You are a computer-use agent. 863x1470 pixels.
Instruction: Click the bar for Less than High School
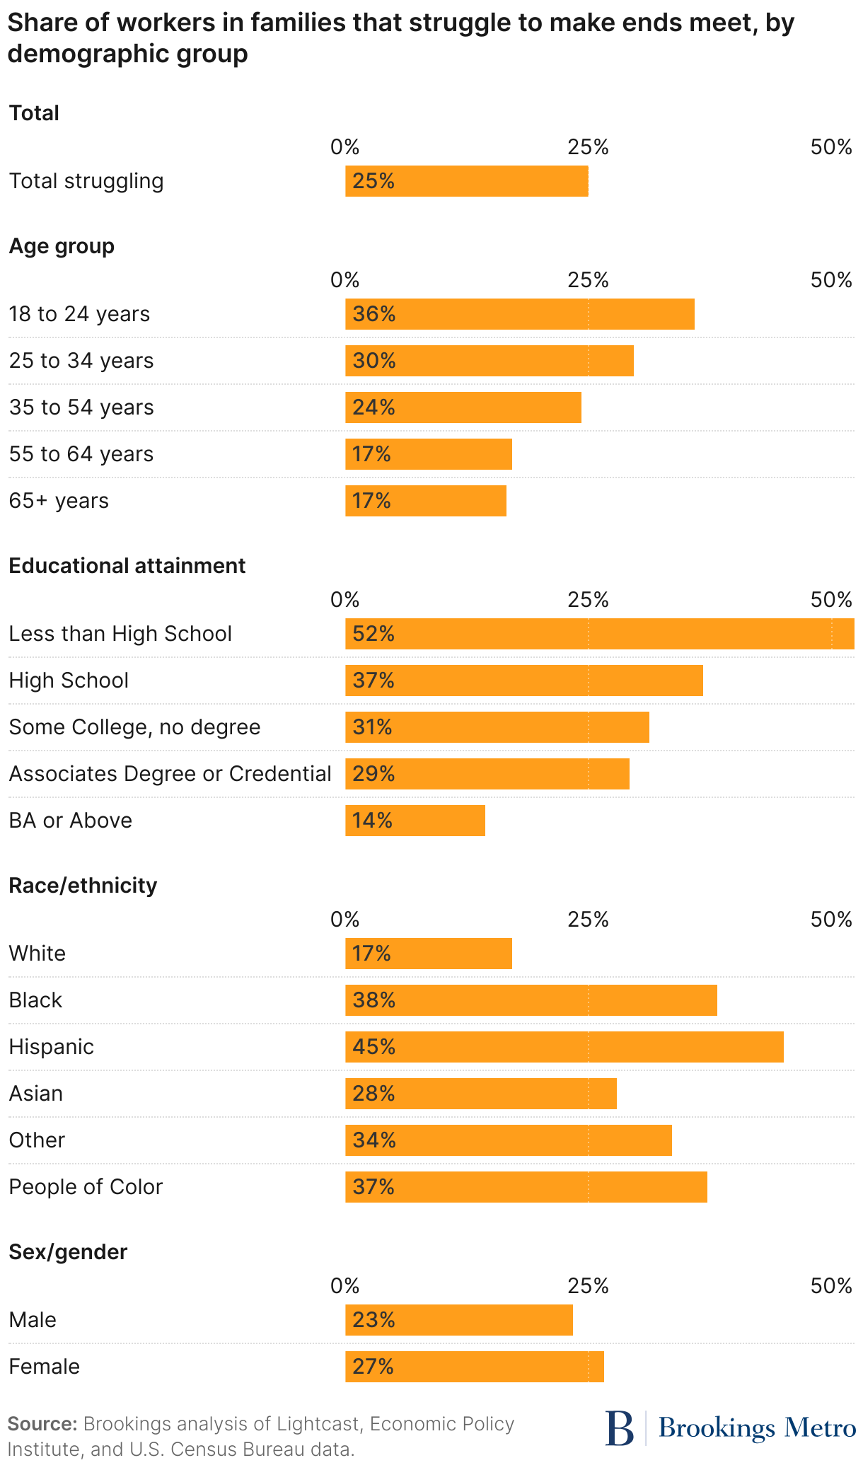coord(599,634)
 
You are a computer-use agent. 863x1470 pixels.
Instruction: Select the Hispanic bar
coord(564,1047)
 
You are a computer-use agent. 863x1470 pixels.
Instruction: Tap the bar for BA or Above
coord(415,821)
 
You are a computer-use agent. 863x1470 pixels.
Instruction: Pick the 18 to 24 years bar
coord(519,314)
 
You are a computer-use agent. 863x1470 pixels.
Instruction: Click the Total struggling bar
coord(466,181)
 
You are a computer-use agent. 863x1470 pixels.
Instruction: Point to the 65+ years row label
coord(59,501)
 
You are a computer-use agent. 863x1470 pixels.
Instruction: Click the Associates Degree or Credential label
coord(170,774)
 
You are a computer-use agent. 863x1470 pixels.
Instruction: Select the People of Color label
coord(86,1187)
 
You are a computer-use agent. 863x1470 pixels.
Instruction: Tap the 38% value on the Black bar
coord(373,1000)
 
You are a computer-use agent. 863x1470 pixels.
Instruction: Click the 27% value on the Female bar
coord(373,1367)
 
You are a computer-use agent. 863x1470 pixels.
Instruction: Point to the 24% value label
coord(373,407)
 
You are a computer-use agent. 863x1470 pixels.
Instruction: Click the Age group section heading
coord(62,246)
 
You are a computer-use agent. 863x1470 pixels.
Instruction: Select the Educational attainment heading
coord(127,566)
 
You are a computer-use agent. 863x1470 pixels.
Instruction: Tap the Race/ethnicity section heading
coord(83,886)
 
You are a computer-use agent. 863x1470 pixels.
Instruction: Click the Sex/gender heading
coord(68,1252)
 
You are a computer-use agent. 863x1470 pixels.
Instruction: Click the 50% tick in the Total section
coord(831,147)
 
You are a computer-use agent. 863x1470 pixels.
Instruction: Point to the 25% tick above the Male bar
coord(588,1286)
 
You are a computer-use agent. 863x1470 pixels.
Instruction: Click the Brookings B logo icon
coord(620,1429)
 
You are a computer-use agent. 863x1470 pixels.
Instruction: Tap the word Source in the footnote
coord(42,1424)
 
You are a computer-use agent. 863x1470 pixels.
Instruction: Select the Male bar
coord(458,1320)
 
